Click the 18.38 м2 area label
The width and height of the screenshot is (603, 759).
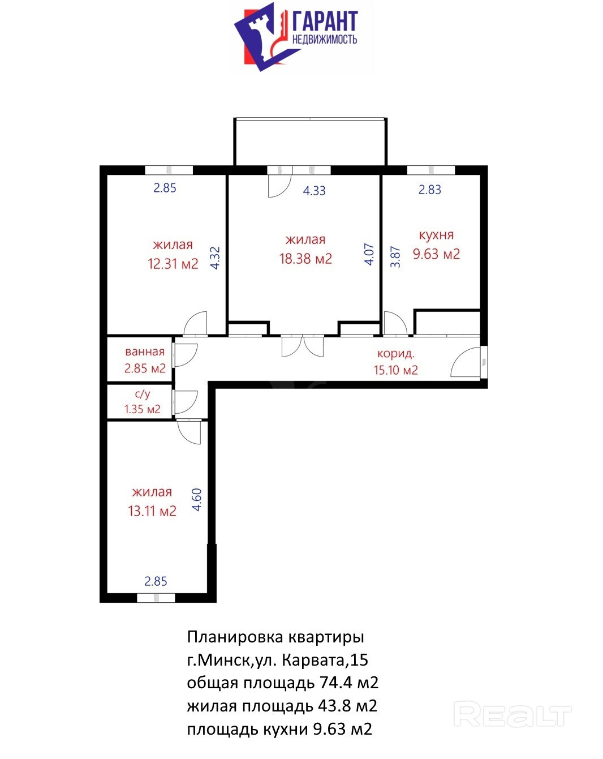(x=305, y=259)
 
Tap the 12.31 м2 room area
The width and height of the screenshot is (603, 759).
(x=173, y=263)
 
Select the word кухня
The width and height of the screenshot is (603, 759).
(x=436, y=235)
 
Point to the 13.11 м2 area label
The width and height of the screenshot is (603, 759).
(x=152, y=511)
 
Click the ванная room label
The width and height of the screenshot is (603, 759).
(x=145, y=351)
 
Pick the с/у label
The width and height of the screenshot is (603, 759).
(x=143, y=393)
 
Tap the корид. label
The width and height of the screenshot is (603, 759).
(x=395, y=353)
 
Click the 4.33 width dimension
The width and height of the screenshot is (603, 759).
(x=314, y=191)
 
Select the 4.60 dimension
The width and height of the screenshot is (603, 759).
(x=197, y=499)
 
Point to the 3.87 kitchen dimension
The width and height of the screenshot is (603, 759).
(x=395, y=257)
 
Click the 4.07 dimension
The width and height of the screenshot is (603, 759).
(x=369, y=254)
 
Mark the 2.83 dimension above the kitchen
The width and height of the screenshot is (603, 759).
(x=429, y=190)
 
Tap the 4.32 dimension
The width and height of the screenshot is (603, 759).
(x=215, y=258)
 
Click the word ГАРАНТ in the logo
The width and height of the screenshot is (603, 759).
(x=325, y=21)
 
